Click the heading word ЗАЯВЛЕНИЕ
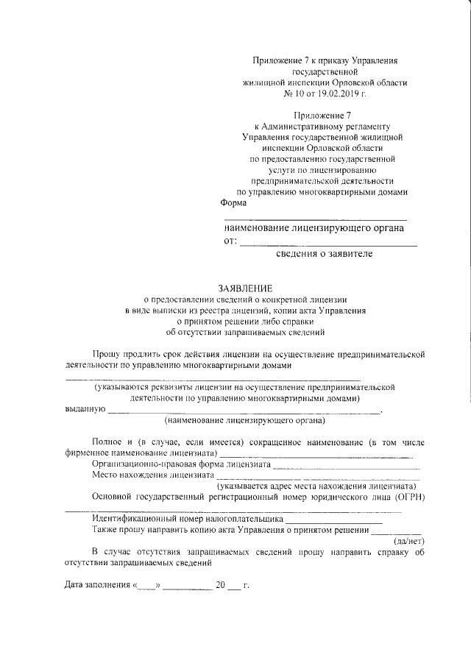coord(244,288)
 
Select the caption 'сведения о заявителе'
coord(325,254)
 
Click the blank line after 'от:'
coord(328,243)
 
